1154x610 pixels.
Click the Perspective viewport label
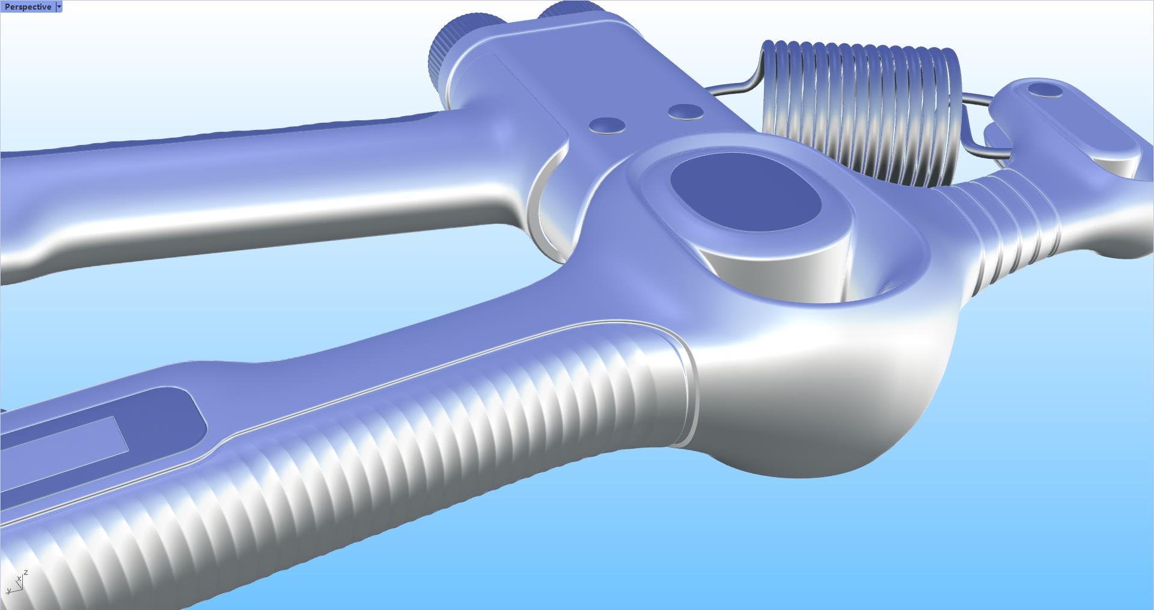point(28,7)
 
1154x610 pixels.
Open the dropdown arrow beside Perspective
point(58,7)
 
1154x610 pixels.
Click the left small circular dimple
point(606,125)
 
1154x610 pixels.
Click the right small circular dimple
point(686,111)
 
